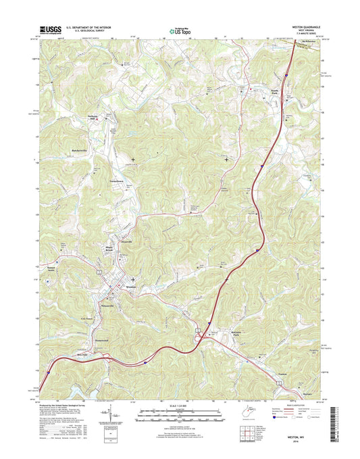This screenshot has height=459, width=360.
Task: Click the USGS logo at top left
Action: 50,30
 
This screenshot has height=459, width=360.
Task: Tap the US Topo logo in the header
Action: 180,30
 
